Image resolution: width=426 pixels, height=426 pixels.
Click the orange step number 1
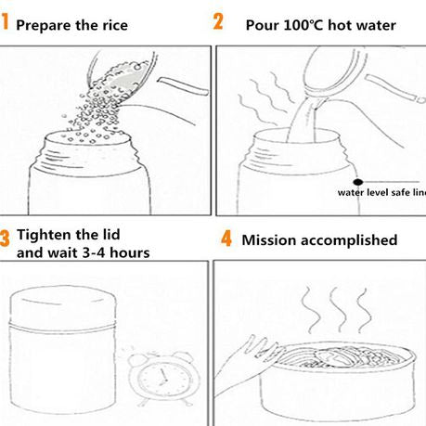click(4, 22)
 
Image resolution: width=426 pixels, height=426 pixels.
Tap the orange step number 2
click(218, 21)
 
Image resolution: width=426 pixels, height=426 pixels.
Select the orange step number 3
click(5, 238)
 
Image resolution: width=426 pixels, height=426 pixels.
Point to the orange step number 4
click(226, 239)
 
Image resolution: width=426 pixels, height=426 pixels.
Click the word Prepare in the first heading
click(44, 26)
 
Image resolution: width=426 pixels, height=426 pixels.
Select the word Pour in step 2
click(262, 25)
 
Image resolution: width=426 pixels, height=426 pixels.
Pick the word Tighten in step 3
click(45, 235)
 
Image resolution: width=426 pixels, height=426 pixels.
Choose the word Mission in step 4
click(268, 240)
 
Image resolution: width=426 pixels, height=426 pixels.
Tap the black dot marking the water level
click(357, 182)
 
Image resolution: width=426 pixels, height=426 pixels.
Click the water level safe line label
click(381, 192)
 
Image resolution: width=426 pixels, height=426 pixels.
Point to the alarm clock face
click(163, 379)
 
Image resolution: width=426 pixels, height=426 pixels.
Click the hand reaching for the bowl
click(244, 362)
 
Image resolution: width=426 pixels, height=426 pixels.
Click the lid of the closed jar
click(63, 305)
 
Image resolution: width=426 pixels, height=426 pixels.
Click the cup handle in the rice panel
click(183, 86)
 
